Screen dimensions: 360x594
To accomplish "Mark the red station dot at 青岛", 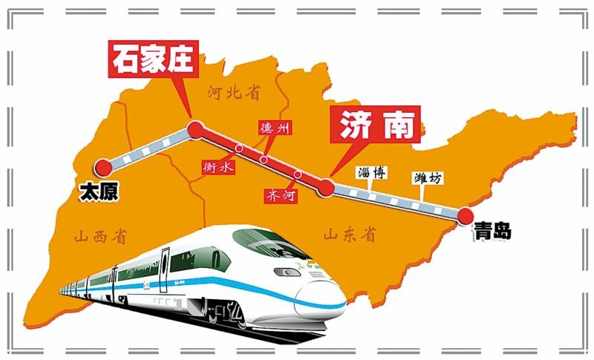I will (466, 215).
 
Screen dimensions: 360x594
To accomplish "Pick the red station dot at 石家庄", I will (195, 131).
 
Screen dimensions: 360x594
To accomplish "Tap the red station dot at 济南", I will (325, 187).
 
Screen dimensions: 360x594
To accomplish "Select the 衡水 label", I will (218, 168).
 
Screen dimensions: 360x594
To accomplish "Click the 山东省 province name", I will (349, 235).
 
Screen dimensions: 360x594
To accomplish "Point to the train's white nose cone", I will (323, 301).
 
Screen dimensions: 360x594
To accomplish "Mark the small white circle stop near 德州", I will (263, 159).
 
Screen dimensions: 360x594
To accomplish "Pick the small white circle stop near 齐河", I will (298, 175).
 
